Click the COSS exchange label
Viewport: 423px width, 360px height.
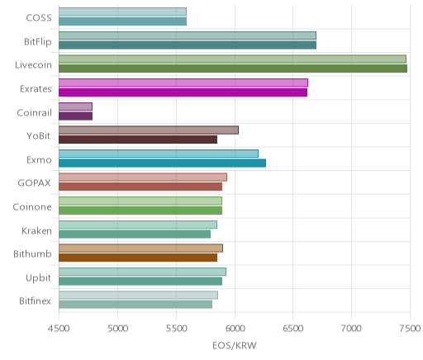point(39,18)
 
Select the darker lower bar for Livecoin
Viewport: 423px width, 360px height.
point(233,69)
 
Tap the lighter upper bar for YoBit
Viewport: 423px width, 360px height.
point(149,130)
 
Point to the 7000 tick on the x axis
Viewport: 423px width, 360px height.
point(351,329)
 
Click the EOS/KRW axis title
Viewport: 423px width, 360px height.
point(235,345)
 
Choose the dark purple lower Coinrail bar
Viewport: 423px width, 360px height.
point(76,116)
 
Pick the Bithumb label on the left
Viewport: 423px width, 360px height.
point(32,253)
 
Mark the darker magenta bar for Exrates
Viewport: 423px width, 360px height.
point(183,92)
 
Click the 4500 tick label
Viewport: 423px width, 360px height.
point(59,329)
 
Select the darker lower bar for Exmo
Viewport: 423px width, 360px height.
point(163,163)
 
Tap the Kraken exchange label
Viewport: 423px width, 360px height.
point(36,230)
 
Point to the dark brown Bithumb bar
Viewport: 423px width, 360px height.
point(138,258)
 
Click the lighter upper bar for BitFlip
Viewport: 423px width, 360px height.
point(188,36)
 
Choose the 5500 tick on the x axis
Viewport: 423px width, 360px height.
point(176,329)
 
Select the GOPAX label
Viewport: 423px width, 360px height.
point(35,183)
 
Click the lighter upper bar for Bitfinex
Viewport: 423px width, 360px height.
point(139,296)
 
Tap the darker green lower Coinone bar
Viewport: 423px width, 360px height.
point(140,211)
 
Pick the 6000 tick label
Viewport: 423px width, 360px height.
point(235,329)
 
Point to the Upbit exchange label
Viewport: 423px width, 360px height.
point(39,278)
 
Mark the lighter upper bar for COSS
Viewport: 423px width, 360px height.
point(122,12)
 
